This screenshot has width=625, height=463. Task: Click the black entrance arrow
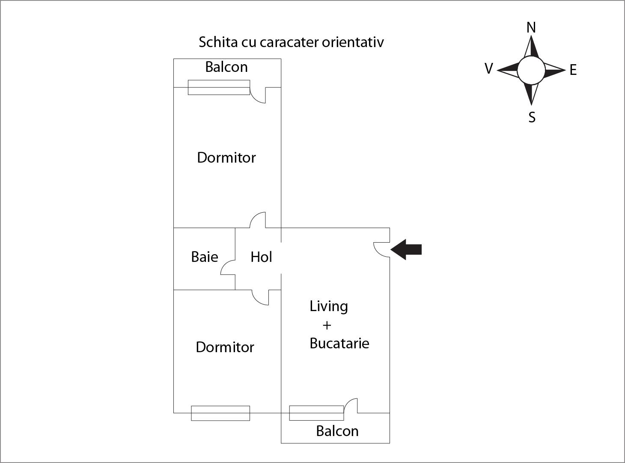406,249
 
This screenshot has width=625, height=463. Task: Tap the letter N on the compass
531,28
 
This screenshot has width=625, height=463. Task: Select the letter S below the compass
532,117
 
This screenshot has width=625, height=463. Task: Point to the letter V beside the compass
489,68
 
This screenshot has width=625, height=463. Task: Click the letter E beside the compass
573,70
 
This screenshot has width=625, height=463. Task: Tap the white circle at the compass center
531,71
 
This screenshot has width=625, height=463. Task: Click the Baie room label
205,257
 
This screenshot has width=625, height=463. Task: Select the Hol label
261,257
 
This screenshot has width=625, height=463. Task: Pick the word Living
329,307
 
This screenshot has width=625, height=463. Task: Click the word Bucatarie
339,343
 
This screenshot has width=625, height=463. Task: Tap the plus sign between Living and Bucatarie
327,326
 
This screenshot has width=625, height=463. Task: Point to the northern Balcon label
226,67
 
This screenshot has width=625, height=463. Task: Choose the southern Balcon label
337,431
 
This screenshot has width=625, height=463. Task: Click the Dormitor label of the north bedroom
226,157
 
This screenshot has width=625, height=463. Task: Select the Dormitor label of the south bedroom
225,347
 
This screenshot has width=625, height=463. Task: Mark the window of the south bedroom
220,413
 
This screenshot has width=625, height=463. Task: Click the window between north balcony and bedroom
219,87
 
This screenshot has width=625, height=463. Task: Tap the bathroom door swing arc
228,267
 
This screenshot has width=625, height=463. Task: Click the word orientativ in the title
353,42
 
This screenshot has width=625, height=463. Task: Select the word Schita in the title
218,42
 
